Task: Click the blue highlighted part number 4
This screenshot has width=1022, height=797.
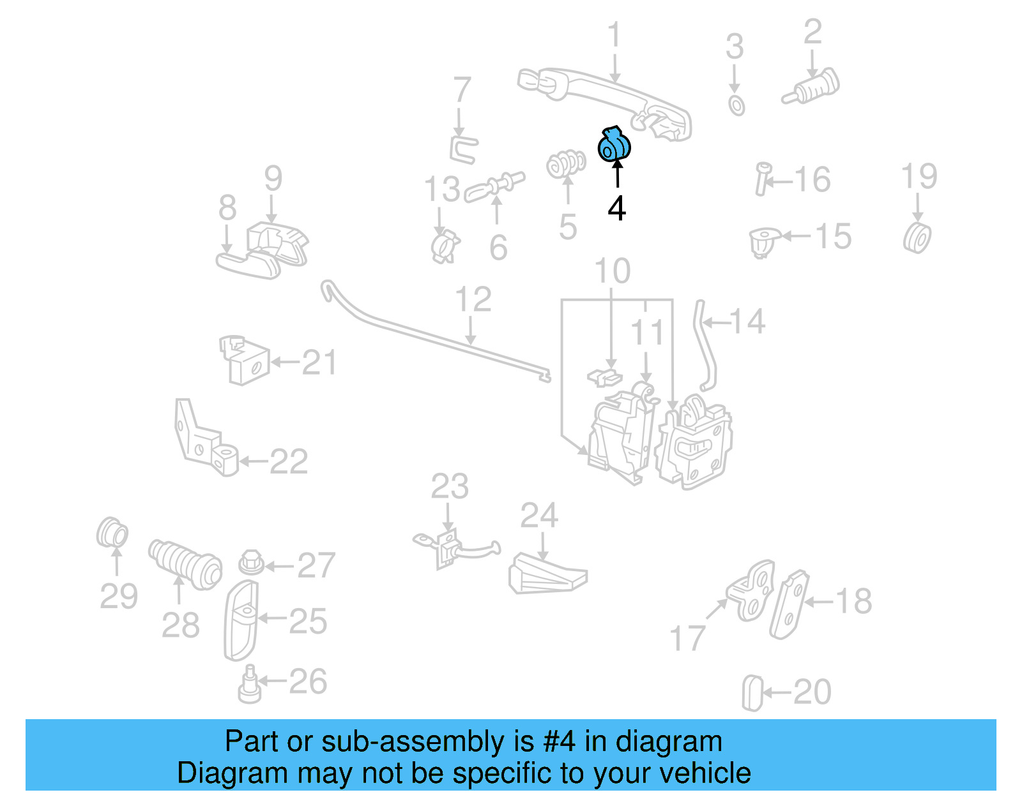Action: point(614,145)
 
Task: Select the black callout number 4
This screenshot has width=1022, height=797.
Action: point(616,209)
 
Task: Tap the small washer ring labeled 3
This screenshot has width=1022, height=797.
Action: point(736,105)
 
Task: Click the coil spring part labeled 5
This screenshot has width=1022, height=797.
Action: point(566,164)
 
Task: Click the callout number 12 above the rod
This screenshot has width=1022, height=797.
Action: point(473,299)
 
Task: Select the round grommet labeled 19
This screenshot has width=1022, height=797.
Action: point(917,237)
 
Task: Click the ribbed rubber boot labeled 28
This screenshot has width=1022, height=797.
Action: point(185,563)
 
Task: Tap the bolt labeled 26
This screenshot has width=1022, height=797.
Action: point(250,685)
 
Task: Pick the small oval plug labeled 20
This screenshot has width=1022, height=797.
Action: point(752,693)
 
